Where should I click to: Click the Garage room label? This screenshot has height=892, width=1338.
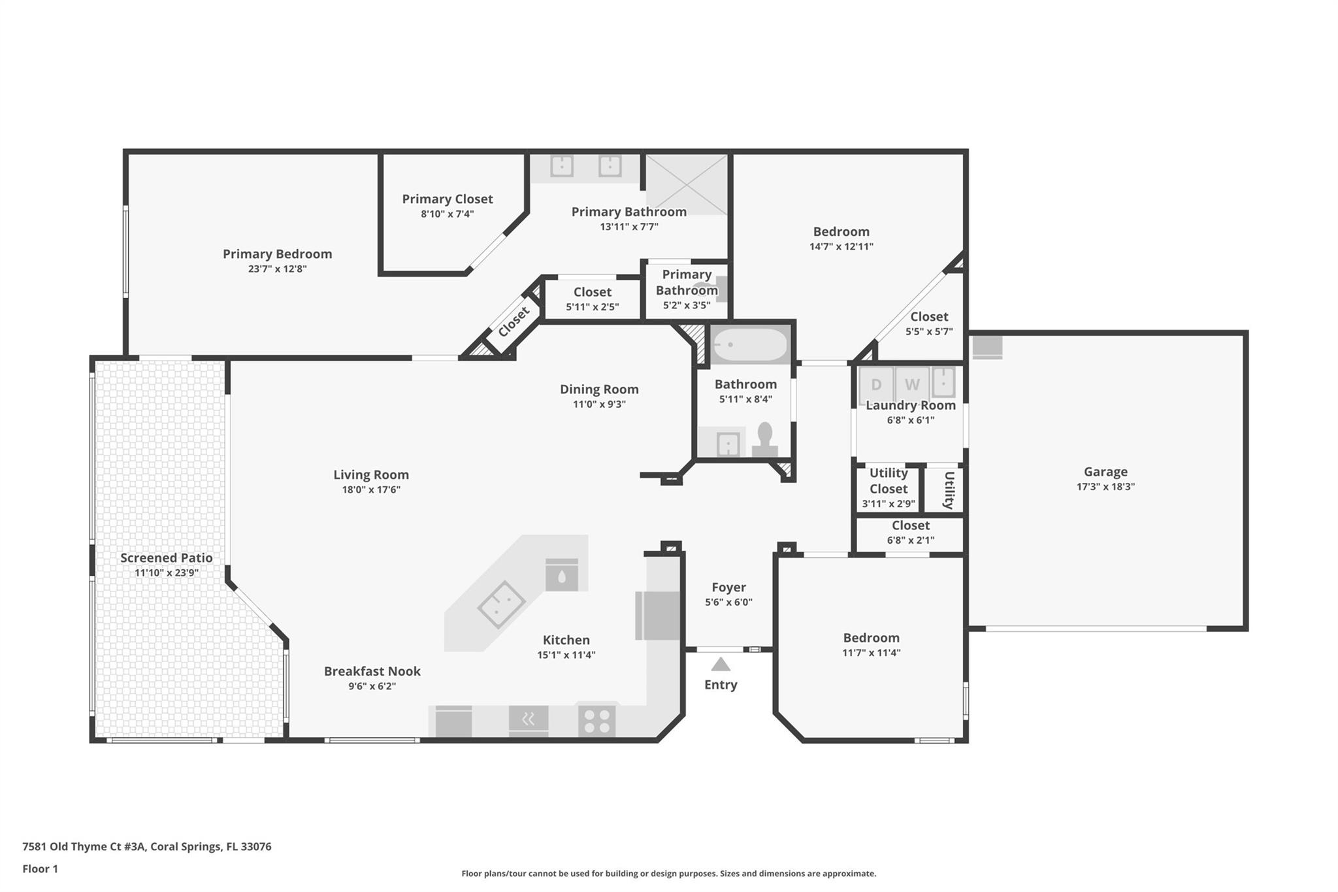[1105, 472]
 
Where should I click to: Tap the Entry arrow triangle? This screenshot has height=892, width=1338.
[721, 665]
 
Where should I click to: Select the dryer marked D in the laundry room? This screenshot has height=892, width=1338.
[876, 385]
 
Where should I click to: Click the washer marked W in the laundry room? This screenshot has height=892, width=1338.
[912, 385]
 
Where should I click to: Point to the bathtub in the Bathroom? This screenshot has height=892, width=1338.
[749, 344]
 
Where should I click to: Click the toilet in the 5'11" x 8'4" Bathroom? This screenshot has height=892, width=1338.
[764, 439]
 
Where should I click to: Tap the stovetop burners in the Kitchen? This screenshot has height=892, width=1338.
[597, 721]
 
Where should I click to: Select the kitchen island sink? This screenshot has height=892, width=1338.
[501, 604]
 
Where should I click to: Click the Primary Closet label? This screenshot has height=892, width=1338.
[448, 199]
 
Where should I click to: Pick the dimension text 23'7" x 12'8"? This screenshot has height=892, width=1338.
[277, 269]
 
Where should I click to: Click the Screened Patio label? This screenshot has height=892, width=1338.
[167, 558]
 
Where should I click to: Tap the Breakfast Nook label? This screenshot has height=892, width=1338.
[372, 671]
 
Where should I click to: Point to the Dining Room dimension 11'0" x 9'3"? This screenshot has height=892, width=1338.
[599, 405]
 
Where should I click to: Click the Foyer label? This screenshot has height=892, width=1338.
[728, 587]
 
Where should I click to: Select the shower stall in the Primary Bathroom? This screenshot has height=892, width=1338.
[687, 185]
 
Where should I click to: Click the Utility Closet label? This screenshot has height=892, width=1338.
[889, 481]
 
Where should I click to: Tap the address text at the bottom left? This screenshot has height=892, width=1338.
[147, 847]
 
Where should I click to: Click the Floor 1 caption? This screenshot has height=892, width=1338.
[41, 869]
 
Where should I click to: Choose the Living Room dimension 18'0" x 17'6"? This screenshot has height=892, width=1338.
[371, 490]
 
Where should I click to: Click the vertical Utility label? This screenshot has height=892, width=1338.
[949, 490]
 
